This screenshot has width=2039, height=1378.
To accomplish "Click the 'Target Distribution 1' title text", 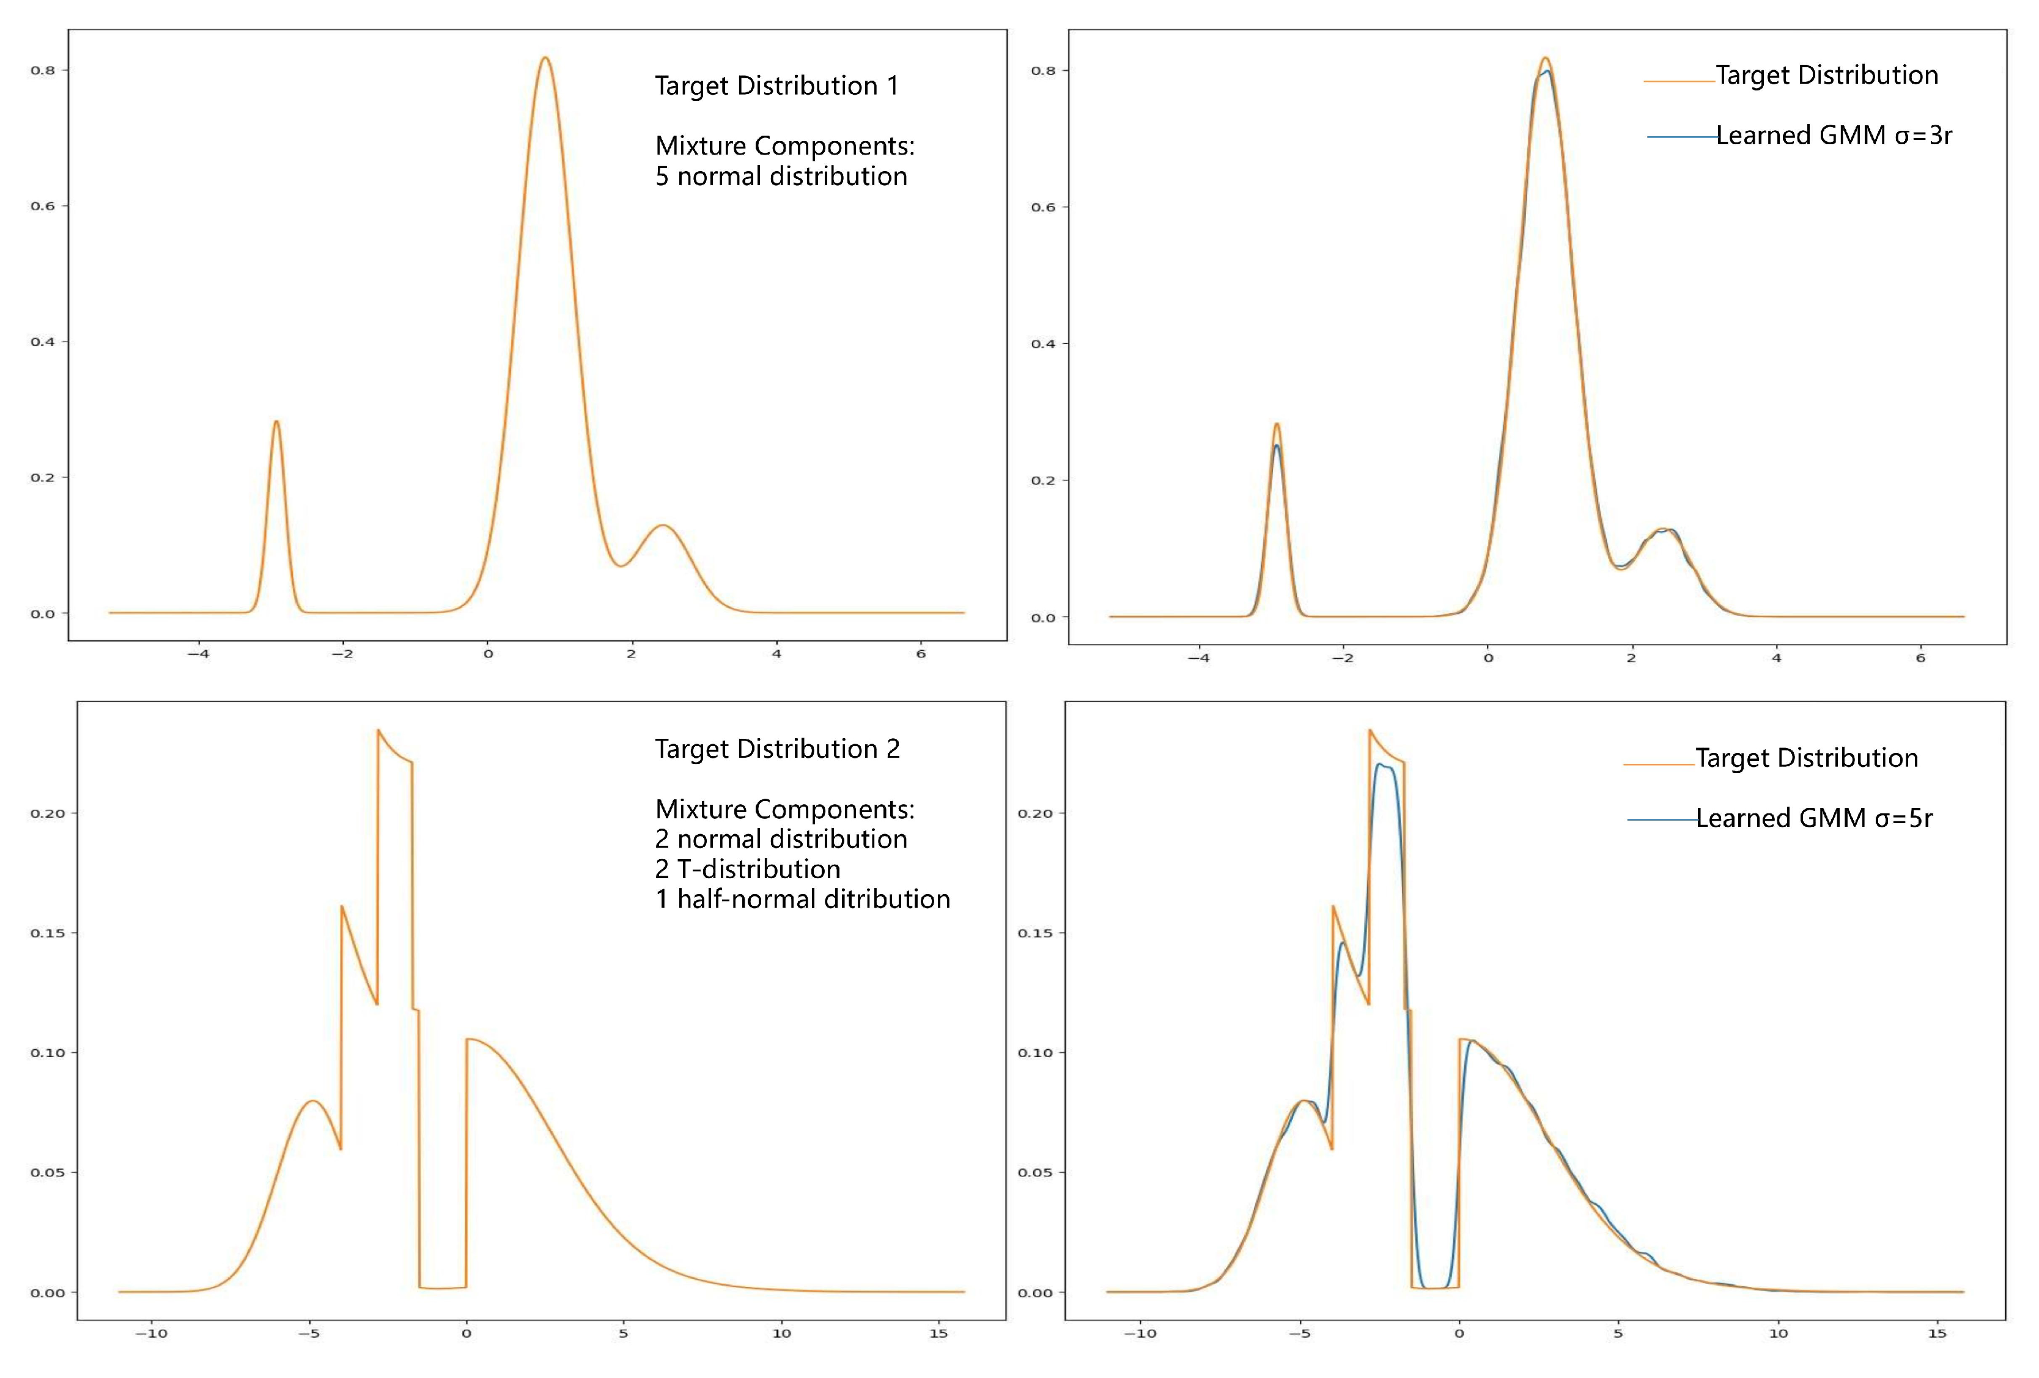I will click(776, 86).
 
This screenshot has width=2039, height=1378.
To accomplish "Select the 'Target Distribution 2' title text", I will click(776, 749).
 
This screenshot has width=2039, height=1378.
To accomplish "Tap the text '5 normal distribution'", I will click(781, 177).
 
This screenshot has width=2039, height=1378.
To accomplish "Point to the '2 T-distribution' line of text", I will click(748, 869).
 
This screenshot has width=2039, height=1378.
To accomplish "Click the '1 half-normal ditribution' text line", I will click(802, 899).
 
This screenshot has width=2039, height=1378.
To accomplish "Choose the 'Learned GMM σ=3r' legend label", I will click(1834, 135).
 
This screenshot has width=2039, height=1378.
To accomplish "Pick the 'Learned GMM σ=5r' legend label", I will click(1813, 818).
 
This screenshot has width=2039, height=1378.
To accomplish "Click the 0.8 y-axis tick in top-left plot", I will click(43, 70).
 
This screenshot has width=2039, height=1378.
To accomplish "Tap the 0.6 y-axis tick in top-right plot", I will click(1043, 207).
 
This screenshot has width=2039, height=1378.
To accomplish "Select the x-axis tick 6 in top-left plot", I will click(920, 653).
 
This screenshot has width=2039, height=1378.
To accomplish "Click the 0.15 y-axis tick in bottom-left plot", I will click(47, 933).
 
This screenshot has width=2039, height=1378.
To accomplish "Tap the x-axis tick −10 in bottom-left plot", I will click(151, 1333).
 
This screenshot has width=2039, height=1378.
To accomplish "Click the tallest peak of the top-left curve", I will click(545, 59).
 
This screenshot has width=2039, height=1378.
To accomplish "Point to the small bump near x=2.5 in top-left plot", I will click(663, 526).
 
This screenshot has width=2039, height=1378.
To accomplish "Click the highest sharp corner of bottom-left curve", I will click(378, 730).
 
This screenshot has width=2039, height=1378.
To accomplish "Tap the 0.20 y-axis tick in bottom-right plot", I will click(1034, 813).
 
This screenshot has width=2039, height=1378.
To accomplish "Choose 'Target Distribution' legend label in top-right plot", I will click(1827, 75).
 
